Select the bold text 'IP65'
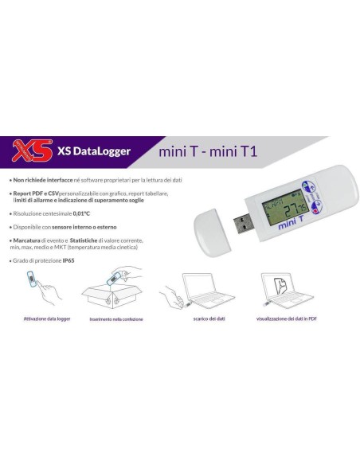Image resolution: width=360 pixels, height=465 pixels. coord(72,260)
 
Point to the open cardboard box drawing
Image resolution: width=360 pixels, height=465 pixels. coord(121,294)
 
